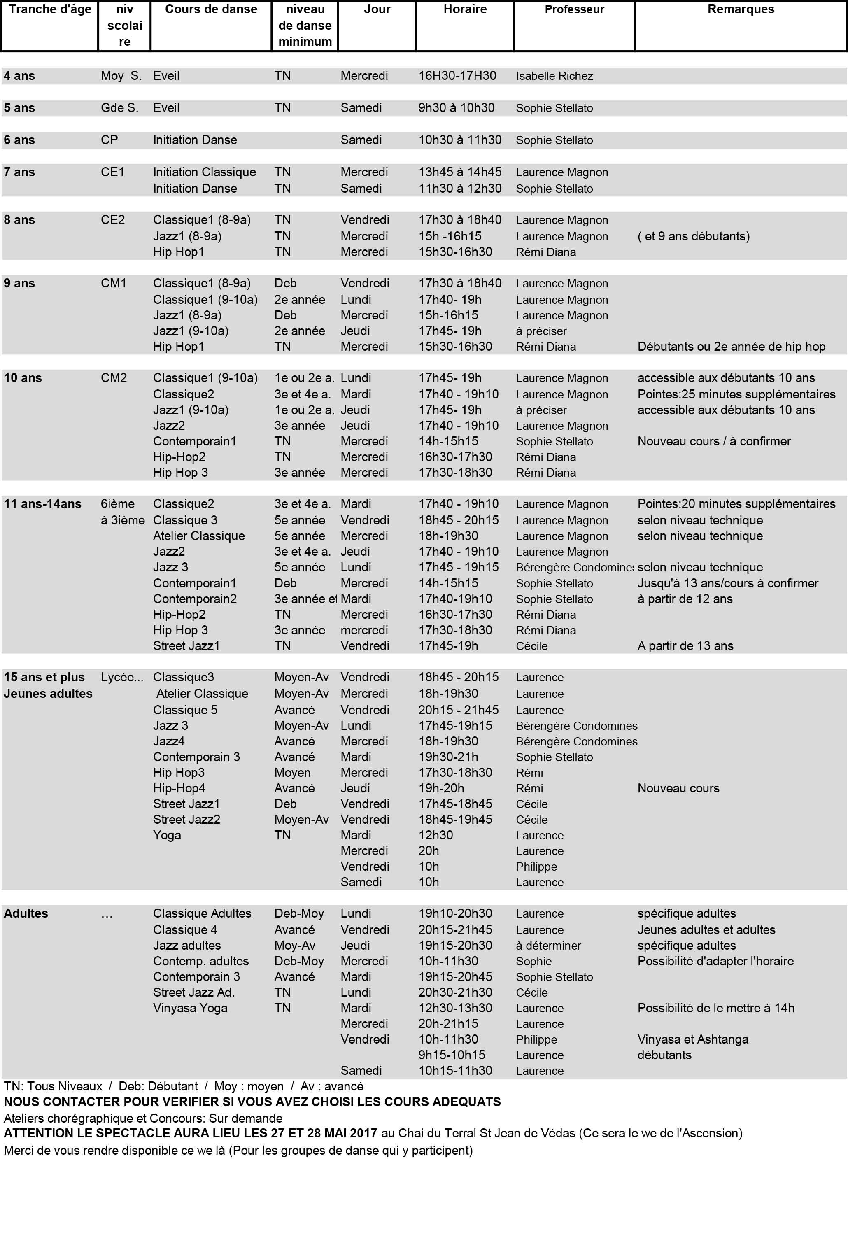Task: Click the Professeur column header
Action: (x=574, y=9)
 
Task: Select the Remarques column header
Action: (x=741, y=9)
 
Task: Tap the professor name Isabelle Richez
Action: (x=554, y=76)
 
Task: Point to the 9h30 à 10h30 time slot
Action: (x=456, y=108)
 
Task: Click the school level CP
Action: (x=109, y=140)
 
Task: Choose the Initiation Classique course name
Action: (x=205, y=172)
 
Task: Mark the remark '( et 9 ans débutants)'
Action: (x=693, y=236)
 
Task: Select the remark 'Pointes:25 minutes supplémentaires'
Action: (x=736, y=394)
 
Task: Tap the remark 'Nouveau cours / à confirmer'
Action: (x=714, y=441)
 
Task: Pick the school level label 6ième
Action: (x=118, y=504)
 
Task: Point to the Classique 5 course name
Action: (x=185, y=710)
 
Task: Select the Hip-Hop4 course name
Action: (x=179, y=788)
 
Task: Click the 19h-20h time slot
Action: (x=441, y=788)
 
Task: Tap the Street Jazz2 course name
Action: (x=186, y=820)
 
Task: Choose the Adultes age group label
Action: (x=26, y=913)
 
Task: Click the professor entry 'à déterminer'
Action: (x=548, y=946)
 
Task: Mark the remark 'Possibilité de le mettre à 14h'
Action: (x=715, y=1008)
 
